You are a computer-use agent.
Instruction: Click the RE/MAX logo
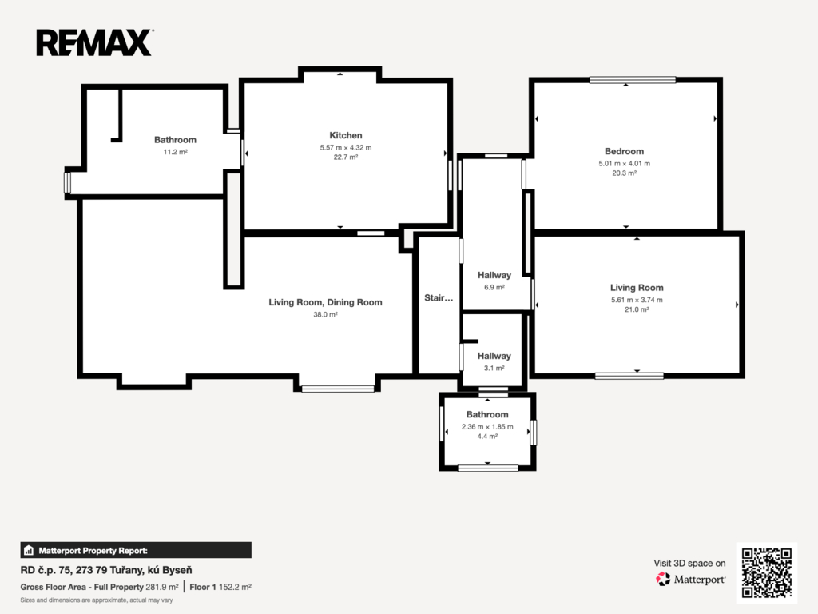tap(94, 43)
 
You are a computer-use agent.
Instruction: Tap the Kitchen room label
tap(345, 135)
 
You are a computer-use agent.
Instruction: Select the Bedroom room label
tap(624, 151)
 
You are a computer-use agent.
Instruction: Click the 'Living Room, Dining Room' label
tap(325, 302)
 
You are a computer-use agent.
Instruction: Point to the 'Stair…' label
tap(439, 297)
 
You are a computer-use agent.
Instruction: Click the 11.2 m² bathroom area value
tap(175, 152)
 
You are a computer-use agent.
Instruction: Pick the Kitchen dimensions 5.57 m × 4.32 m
tap(346, 147)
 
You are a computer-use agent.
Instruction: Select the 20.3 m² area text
tap(625, 173)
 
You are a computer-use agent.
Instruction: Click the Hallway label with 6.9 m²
tap(494, 275)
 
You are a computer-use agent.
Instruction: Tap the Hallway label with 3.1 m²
tap(494, 356)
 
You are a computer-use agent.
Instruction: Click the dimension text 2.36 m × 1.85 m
tap(487, 427)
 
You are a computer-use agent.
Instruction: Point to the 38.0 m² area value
tap(326, 314)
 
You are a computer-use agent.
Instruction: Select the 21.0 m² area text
tap(637, 309)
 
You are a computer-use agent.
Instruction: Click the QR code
tap(766, 572)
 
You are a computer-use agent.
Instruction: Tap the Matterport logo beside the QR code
tap(691, 579)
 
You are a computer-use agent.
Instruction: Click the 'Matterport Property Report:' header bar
tap(136, 550)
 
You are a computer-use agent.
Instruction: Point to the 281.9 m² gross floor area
tap(162, 587)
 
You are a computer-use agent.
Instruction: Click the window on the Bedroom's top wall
tap(633, 80)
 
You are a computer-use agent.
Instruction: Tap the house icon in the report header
tap(29, 550)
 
